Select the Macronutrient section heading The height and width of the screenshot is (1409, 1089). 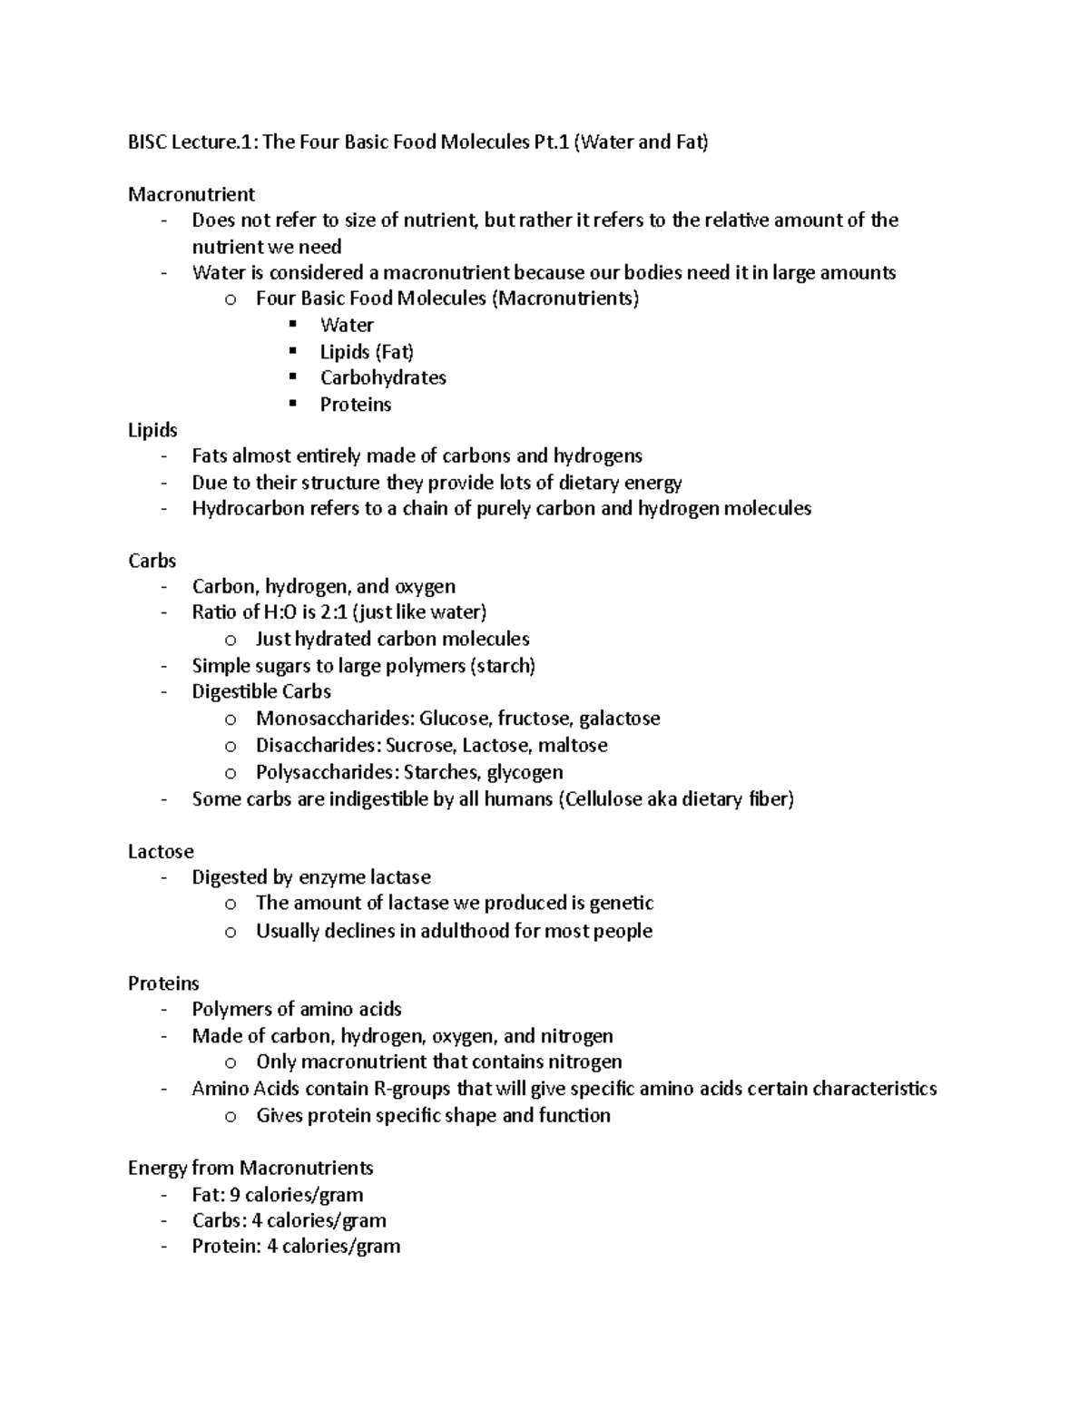pyautogui.click(x=191, y=194)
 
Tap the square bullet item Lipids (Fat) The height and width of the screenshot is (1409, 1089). pyautogui.click(x=367, y=351)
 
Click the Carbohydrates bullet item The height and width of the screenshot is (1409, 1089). pyautogui.click(x=383, y=377)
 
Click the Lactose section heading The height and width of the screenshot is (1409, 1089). pyautogui.click(x=161, y=851)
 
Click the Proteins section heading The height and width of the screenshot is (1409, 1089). pyautogui.click(x=163, y=983)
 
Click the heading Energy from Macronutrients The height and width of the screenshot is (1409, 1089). pyautogui.click(x=250, y=1168)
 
